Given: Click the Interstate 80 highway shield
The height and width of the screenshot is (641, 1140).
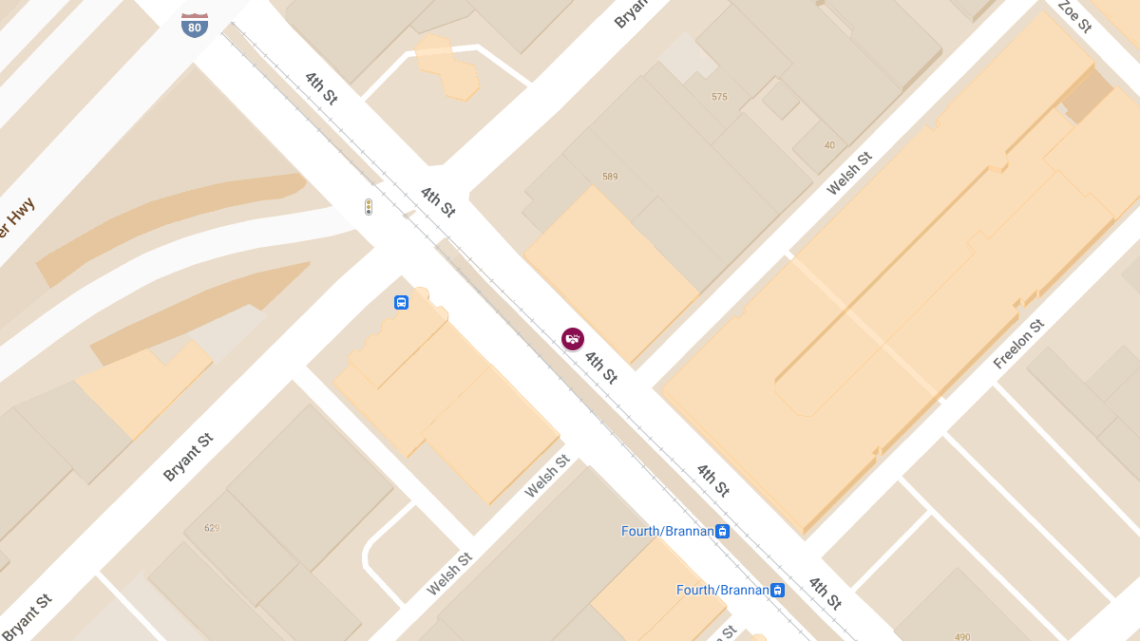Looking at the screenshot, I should [195, 25].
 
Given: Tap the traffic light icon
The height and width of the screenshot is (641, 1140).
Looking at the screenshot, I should [369, 207].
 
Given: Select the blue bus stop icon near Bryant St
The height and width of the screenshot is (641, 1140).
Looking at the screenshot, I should [401, 303].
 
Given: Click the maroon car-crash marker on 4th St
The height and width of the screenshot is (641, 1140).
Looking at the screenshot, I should [572, 339].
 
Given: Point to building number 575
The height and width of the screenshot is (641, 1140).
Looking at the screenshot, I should [719, 97].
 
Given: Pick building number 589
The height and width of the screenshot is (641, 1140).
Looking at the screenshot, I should [610, 177].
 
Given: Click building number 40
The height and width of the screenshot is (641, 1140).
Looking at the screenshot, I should [829, 145].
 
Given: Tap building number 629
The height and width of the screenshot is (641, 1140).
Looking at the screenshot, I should [211, 528].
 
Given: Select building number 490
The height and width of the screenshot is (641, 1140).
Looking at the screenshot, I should [962, 636].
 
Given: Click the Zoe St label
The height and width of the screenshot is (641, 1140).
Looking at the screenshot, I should [1074, 16].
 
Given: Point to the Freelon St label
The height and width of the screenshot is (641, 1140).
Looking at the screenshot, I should [1018, 344].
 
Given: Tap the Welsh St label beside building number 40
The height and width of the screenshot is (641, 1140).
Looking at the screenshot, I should [848, 174].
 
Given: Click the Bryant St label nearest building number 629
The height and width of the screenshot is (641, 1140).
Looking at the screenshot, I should [188, 457].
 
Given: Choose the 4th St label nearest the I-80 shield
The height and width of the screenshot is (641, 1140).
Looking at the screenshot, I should [321, 87].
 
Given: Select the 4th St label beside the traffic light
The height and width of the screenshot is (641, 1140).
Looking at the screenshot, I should [438, 201].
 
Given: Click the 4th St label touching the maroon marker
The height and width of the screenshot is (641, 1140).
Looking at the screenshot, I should [600, 367].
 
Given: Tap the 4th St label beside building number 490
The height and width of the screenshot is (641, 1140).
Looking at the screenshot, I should [825, 593].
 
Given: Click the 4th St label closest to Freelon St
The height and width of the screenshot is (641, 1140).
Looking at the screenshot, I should [712, 480].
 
